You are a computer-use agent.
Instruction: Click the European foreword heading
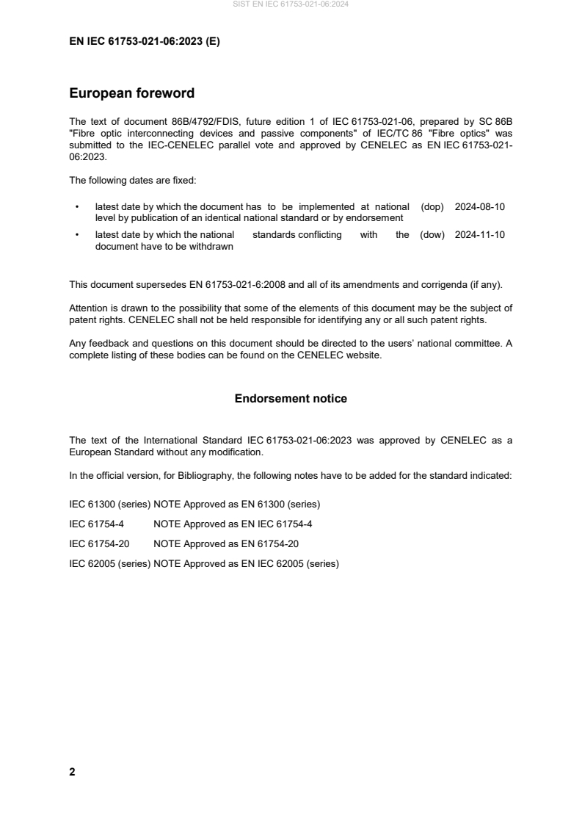(x=131, y=93)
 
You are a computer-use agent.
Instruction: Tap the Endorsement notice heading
(x=291, y=399)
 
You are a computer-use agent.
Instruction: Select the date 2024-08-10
(x=480, y=207)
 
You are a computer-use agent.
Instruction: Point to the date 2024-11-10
(x=480, y=235)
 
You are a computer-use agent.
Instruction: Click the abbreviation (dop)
(x=432, y=207)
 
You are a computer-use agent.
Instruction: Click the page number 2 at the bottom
(x=72, y=772)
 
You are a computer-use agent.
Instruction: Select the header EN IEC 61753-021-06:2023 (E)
(x=144, y=42)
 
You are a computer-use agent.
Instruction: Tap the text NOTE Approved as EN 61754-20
(x=226, y=544)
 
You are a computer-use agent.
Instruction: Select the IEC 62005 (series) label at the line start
(x=109, y=565)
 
